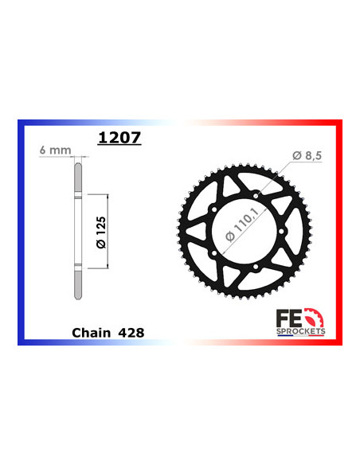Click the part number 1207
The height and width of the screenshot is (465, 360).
[x=119, y=138]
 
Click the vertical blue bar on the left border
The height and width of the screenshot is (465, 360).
[x=20, y=231]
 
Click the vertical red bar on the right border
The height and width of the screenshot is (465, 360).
[x=340, y=231]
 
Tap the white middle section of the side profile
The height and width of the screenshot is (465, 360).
[x=77, y=230]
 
